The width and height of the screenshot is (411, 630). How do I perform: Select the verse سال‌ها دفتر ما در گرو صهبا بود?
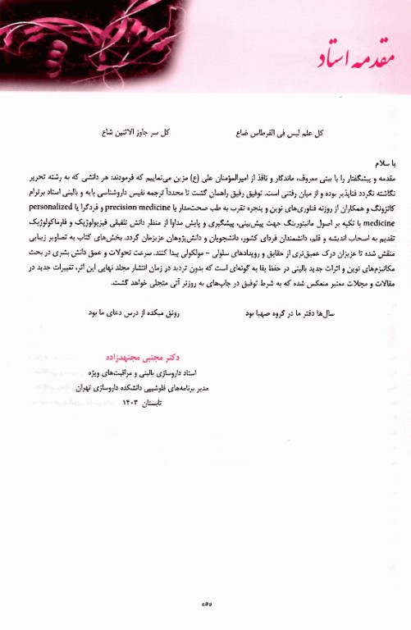(299, 290)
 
